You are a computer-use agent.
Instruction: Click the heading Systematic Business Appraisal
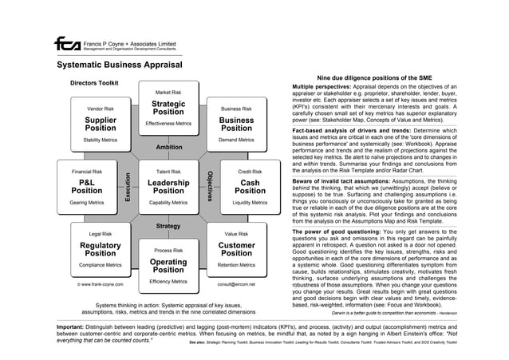click(x=120, y=66)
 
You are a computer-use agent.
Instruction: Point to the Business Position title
click(x=236, y=125)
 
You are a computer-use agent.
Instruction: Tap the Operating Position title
click(x=168, y=266)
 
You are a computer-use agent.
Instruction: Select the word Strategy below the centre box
click(x=168, y=227)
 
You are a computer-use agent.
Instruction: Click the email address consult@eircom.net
click(x=236, y=283)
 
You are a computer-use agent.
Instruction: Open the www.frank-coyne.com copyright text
click(x=95, y=283)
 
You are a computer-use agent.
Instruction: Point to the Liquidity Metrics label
click(x=250, y=203)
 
